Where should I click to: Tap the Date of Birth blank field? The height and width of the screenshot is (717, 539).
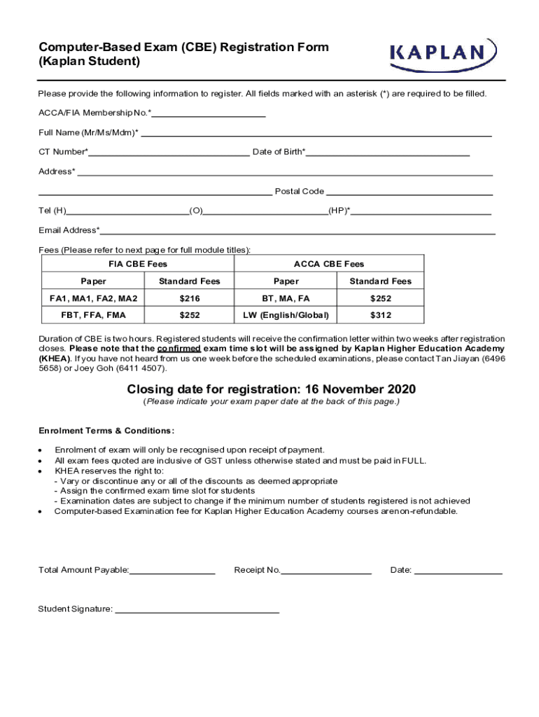coord(388,153)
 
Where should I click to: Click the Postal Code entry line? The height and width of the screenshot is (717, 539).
coord(409,192)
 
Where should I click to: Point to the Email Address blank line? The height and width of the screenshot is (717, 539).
coord(297,231)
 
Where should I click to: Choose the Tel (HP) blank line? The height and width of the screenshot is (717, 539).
coord(421,211)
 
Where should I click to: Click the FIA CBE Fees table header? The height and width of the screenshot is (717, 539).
coord(138,264)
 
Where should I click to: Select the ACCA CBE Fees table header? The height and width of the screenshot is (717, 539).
coord(329,264)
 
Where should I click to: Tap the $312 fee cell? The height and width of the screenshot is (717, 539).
coord(381,315)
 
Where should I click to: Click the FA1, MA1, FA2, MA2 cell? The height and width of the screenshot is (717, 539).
coord(93,298)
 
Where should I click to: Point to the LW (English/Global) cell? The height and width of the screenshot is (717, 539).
coord(286,315)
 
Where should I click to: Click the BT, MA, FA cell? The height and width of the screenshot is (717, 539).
coord(286,298)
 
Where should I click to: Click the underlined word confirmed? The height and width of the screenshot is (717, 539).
coord(179,349)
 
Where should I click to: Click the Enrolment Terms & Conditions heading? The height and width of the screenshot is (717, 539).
coord(106,431)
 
